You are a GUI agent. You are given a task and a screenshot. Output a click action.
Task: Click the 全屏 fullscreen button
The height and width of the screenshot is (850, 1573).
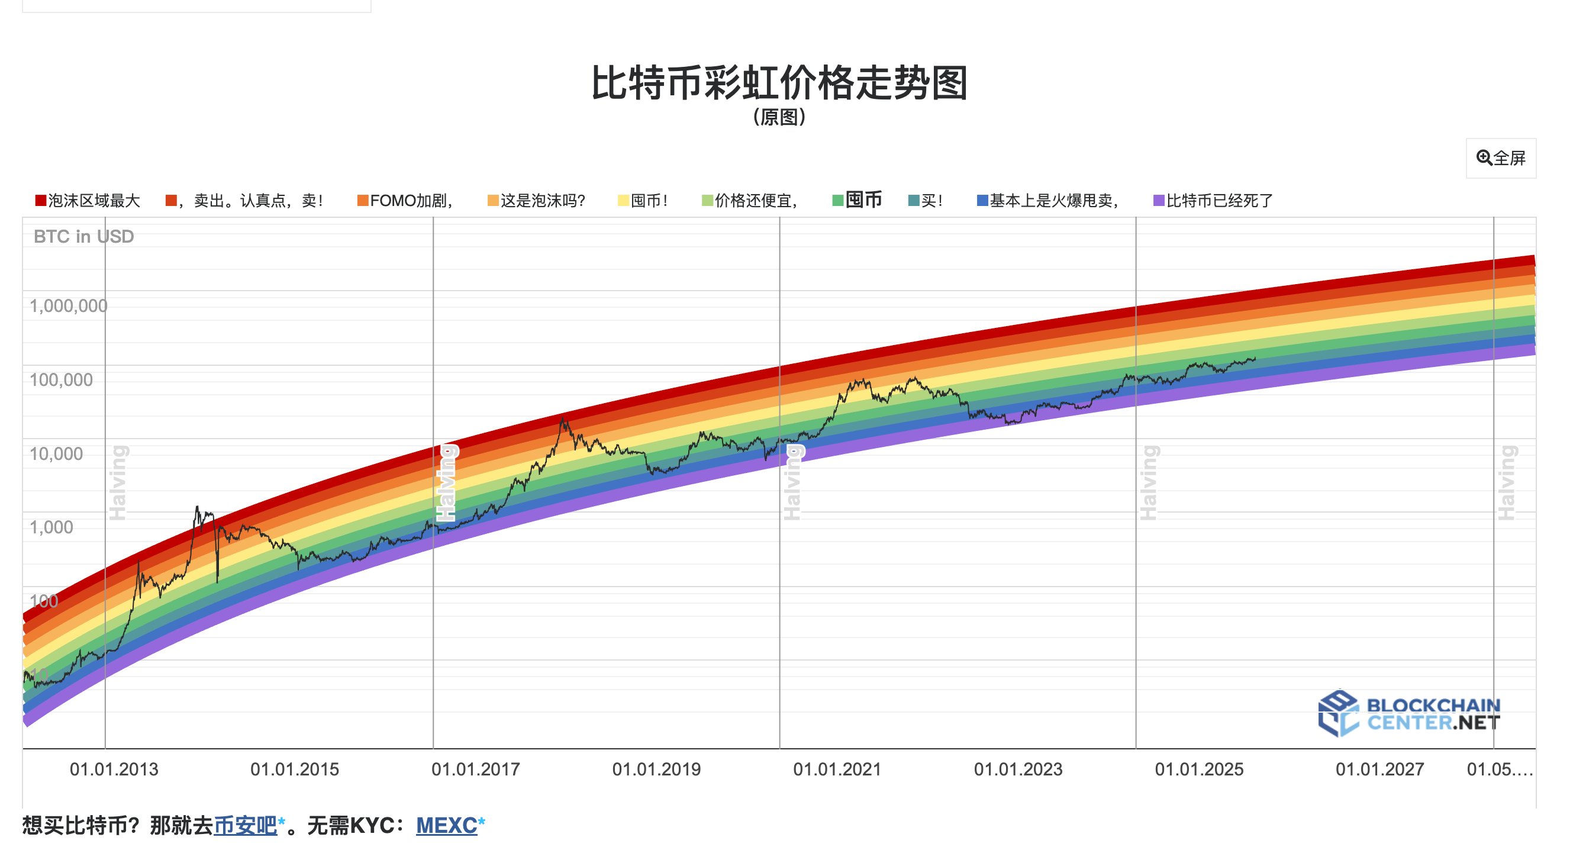click(1500, 158)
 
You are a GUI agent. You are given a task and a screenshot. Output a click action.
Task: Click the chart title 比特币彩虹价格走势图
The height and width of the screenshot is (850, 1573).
click(779, 83)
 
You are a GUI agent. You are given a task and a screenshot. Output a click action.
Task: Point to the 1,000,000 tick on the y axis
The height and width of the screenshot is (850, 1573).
click(69, 306)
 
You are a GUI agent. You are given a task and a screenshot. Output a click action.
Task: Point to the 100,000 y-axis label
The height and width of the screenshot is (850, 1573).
click(61, 380)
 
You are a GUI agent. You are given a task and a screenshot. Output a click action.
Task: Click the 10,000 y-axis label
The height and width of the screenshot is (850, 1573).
click(56, 453)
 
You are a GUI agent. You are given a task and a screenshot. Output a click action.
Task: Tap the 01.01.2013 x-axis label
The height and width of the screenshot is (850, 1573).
click(114, 769)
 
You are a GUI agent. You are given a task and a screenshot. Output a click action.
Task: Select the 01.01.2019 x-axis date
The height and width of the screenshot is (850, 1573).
click(656, 769)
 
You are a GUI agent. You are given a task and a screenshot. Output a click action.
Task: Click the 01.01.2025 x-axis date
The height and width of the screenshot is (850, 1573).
click(1198, 769)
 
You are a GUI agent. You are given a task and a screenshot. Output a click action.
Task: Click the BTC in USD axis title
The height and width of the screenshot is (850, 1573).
click(83, 236)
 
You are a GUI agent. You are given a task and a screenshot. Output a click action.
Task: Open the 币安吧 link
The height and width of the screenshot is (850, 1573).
click(245, 826)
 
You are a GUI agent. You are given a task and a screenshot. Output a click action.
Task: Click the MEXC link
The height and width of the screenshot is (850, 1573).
click(446, 826)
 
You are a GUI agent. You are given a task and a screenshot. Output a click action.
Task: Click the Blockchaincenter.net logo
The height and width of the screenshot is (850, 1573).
click(1408, 713)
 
